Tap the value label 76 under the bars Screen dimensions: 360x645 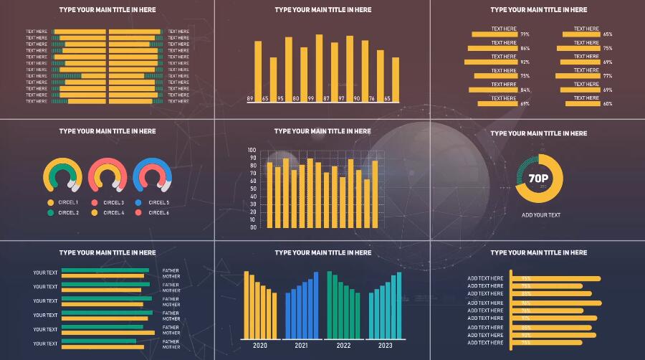tap(371, 98)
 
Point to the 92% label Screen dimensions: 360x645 tap(525, 62)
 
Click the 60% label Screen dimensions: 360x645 tap(608, 104)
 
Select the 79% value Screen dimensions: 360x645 tap(525, 34)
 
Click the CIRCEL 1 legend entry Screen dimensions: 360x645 tap(68, 203)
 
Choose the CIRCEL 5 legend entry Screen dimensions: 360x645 tap(158, 203)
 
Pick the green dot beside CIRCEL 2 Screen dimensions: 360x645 tap(51, 213)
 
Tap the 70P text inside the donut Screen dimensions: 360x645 tap(538, 179)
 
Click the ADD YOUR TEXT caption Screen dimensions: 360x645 tap(541, 215)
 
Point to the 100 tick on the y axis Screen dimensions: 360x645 tap(252, 150)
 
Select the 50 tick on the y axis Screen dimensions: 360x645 tap(253, 189)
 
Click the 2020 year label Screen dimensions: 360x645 tap(259, 346)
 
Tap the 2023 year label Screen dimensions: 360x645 tap(385, 346)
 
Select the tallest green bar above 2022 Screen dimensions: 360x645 tap(330, 304)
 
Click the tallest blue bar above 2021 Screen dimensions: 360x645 tap(317, 304)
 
